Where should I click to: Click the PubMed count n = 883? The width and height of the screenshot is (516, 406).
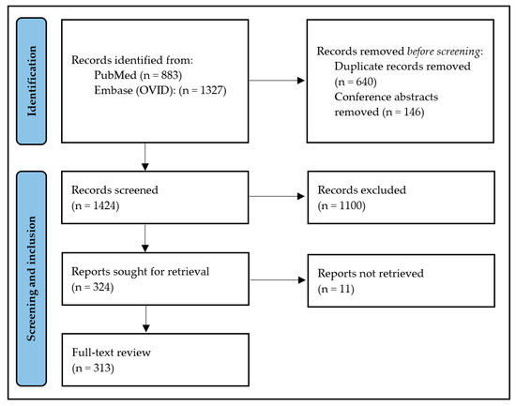coord(161,75)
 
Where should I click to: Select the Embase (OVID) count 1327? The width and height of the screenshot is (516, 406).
coord(203,90)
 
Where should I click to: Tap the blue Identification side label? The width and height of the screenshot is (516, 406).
coord(32,81)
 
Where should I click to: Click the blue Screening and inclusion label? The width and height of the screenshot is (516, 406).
coord(32,278)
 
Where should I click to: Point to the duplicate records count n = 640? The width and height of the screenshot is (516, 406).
coord(356,82)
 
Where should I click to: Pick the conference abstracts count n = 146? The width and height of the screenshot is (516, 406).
coord(403,113)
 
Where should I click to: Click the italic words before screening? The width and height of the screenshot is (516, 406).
coord(444,52)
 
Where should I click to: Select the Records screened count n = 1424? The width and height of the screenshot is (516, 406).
coord(96,205)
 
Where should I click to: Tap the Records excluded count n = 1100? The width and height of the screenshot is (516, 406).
coord(341,205)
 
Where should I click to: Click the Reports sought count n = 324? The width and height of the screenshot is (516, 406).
coord(93,287)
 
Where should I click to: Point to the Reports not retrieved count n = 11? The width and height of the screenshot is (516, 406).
coord(336,289)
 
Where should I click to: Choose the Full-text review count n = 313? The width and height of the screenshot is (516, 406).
coord(93,368)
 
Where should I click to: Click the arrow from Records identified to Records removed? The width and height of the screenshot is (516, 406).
coord(277,81)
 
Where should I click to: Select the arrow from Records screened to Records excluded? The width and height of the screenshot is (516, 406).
coord(277,196)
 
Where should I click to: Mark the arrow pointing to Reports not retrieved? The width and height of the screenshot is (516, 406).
coord(278,280)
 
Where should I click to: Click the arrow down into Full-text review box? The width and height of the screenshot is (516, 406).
coord(146,319)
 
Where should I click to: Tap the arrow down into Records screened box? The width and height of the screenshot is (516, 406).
coord(145,157)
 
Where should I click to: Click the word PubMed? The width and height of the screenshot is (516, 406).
coord(115,75)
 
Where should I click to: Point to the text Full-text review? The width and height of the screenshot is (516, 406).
coord(112,353)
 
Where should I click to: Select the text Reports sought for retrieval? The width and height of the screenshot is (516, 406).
coord(141,272)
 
